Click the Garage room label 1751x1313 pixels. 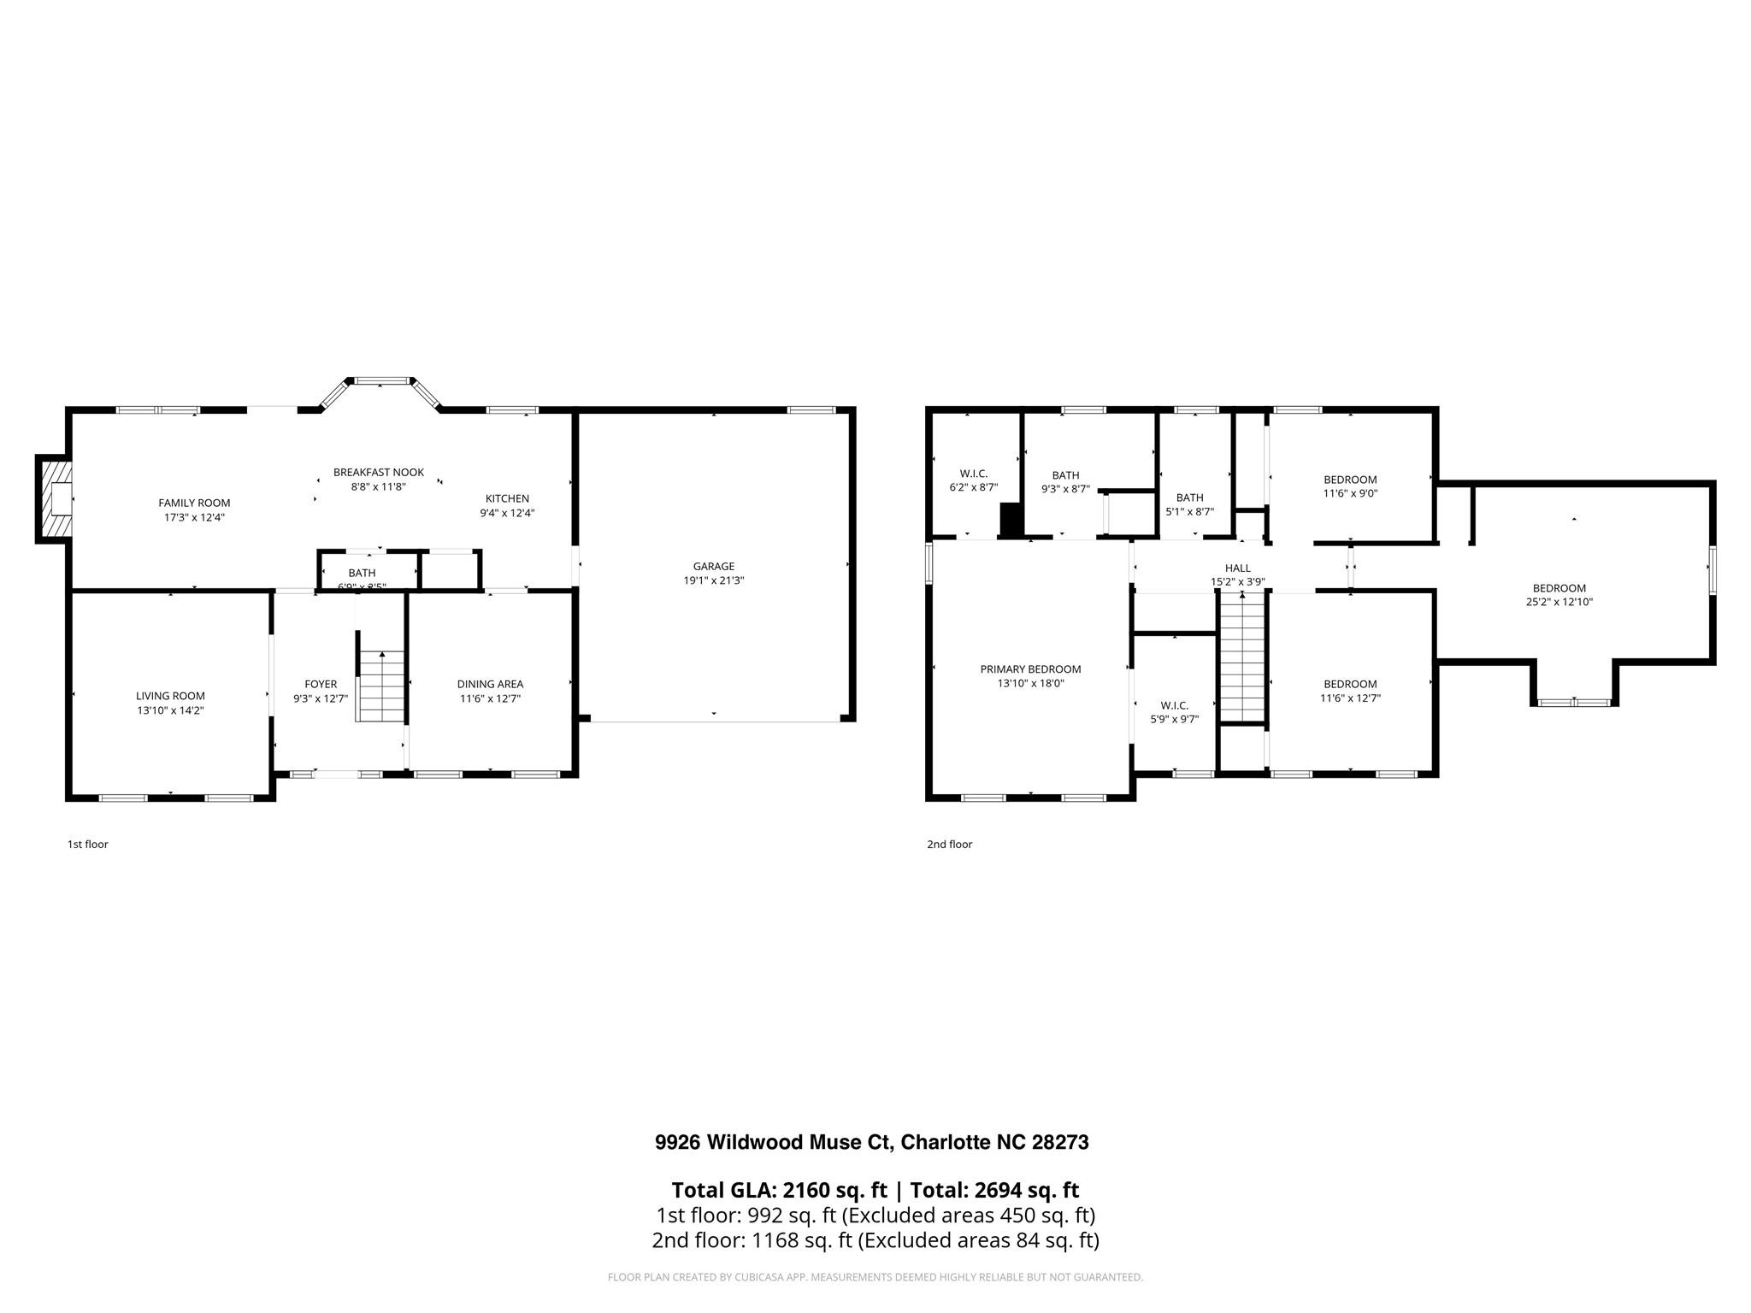click(x=713, y=566)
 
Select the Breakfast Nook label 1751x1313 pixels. click(x=378, y=472)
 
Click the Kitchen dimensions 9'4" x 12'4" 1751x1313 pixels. click(x=507, y=513)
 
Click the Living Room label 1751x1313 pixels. click(x=170, y=696)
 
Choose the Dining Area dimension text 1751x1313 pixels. click(x=490, y=698)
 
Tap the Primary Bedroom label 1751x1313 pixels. click(x=1030, y=669)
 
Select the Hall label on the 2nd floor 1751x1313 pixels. click(x=1237, y=568)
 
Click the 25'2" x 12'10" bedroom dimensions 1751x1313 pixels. click(x=1559, y=602)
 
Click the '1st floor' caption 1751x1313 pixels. click(x=88, y=845)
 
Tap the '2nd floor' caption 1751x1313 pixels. click(x=949, y=845)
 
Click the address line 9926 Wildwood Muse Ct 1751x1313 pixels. click(x=871, y=1142)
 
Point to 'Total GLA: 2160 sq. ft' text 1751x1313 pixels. click(x=779, y=1190)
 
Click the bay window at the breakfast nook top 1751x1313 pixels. click(x=380, y=380)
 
